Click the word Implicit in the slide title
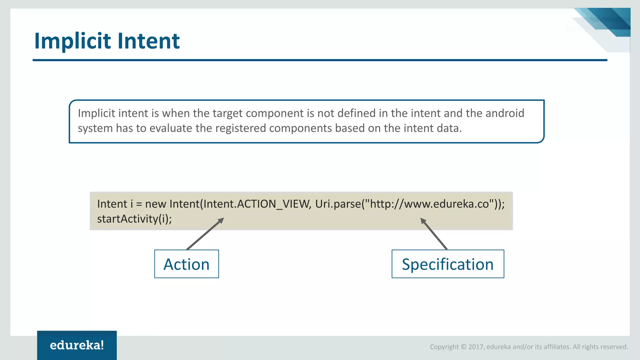click(x=72, y=41)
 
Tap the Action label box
click(x=187, y=264)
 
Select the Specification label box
click(x=447, y=264)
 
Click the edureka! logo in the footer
click(x=77, y=345)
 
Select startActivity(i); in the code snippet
click(x=134, y=219)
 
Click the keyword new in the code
click(x=156, y=204)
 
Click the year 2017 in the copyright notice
click(x=476, y=347)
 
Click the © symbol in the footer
click(x=463, y=347)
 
